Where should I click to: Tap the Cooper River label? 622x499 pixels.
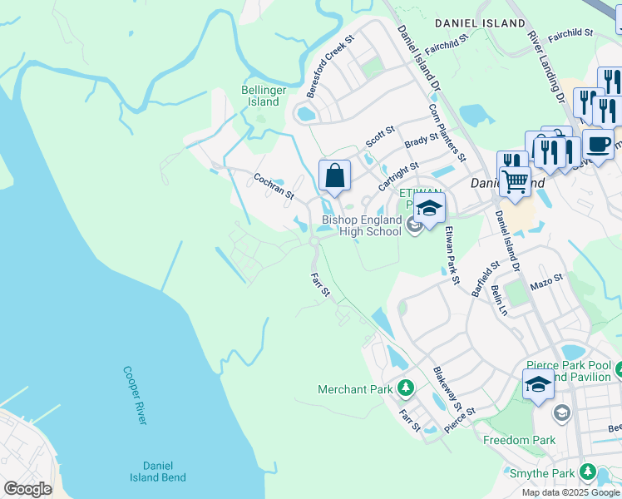coord(134,395)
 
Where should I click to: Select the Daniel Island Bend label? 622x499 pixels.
coord(157,472)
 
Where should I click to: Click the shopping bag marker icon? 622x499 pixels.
coord(334,175)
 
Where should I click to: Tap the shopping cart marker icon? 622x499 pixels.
coord(515,180)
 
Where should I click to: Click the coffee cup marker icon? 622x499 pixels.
coord(598,144)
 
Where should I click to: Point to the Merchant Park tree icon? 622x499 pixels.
coord(406,388)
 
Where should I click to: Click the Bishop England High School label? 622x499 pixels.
coord(362,225)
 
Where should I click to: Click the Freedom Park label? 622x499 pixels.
coord(519,440)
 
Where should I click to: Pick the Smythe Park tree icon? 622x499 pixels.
coord(588,474)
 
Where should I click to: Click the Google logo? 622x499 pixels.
coord(27,489)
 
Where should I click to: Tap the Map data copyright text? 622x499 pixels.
coord(570,492)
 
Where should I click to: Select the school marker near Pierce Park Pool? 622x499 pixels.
coord(538,385)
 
